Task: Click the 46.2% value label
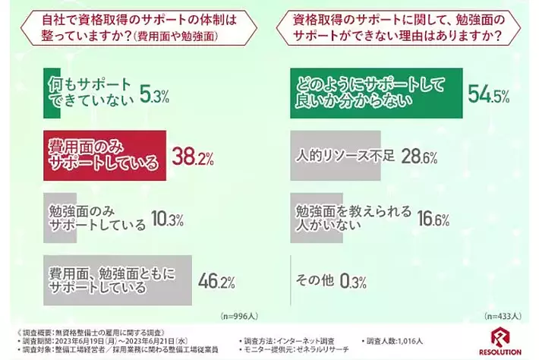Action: pos(213,281)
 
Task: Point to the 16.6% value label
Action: pos(433,219)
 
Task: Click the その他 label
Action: pos(317,281)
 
